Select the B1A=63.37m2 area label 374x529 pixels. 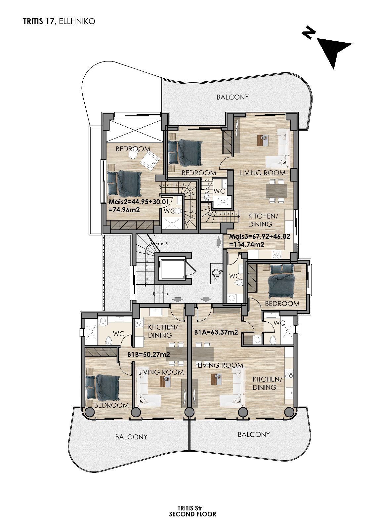tap(216, 332)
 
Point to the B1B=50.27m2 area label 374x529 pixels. tap(148, 354)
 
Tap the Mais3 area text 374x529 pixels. tap(260, 240)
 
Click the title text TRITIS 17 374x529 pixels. tap(40, 21)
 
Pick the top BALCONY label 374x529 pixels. tap(233, 97)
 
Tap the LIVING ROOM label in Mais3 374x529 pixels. tap(263, 173)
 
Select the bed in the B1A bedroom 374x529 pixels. tap(281, 281)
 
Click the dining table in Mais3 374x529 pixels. tap(277, 191)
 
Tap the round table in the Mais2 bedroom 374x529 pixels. tap(133, 154)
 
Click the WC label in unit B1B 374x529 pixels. tap(119, 334)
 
